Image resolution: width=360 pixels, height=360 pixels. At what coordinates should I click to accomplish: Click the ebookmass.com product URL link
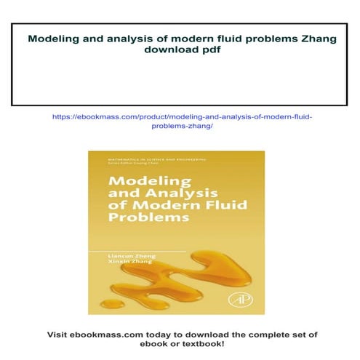click(180, 121)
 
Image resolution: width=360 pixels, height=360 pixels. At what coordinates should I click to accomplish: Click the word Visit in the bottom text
click(59, 334)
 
